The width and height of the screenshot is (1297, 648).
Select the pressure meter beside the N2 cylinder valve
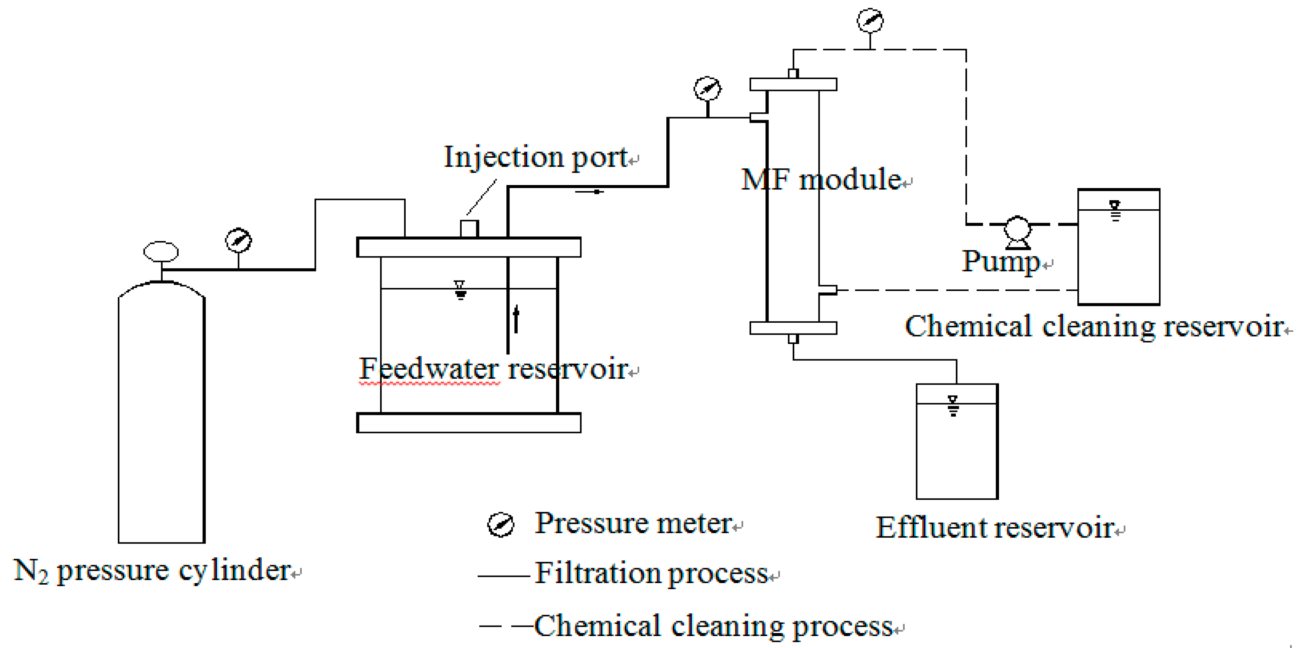(238, 240)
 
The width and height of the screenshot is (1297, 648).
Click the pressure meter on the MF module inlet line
(707, 89)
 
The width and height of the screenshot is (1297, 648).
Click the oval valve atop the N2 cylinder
(161, 251)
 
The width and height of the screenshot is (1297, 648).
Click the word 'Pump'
(1001, 261)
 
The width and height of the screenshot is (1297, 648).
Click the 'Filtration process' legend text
(651, 573)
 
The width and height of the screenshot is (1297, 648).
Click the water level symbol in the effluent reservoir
(952, 405)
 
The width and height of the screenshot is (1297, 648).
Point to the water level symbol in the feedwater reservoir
(460, 290)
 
